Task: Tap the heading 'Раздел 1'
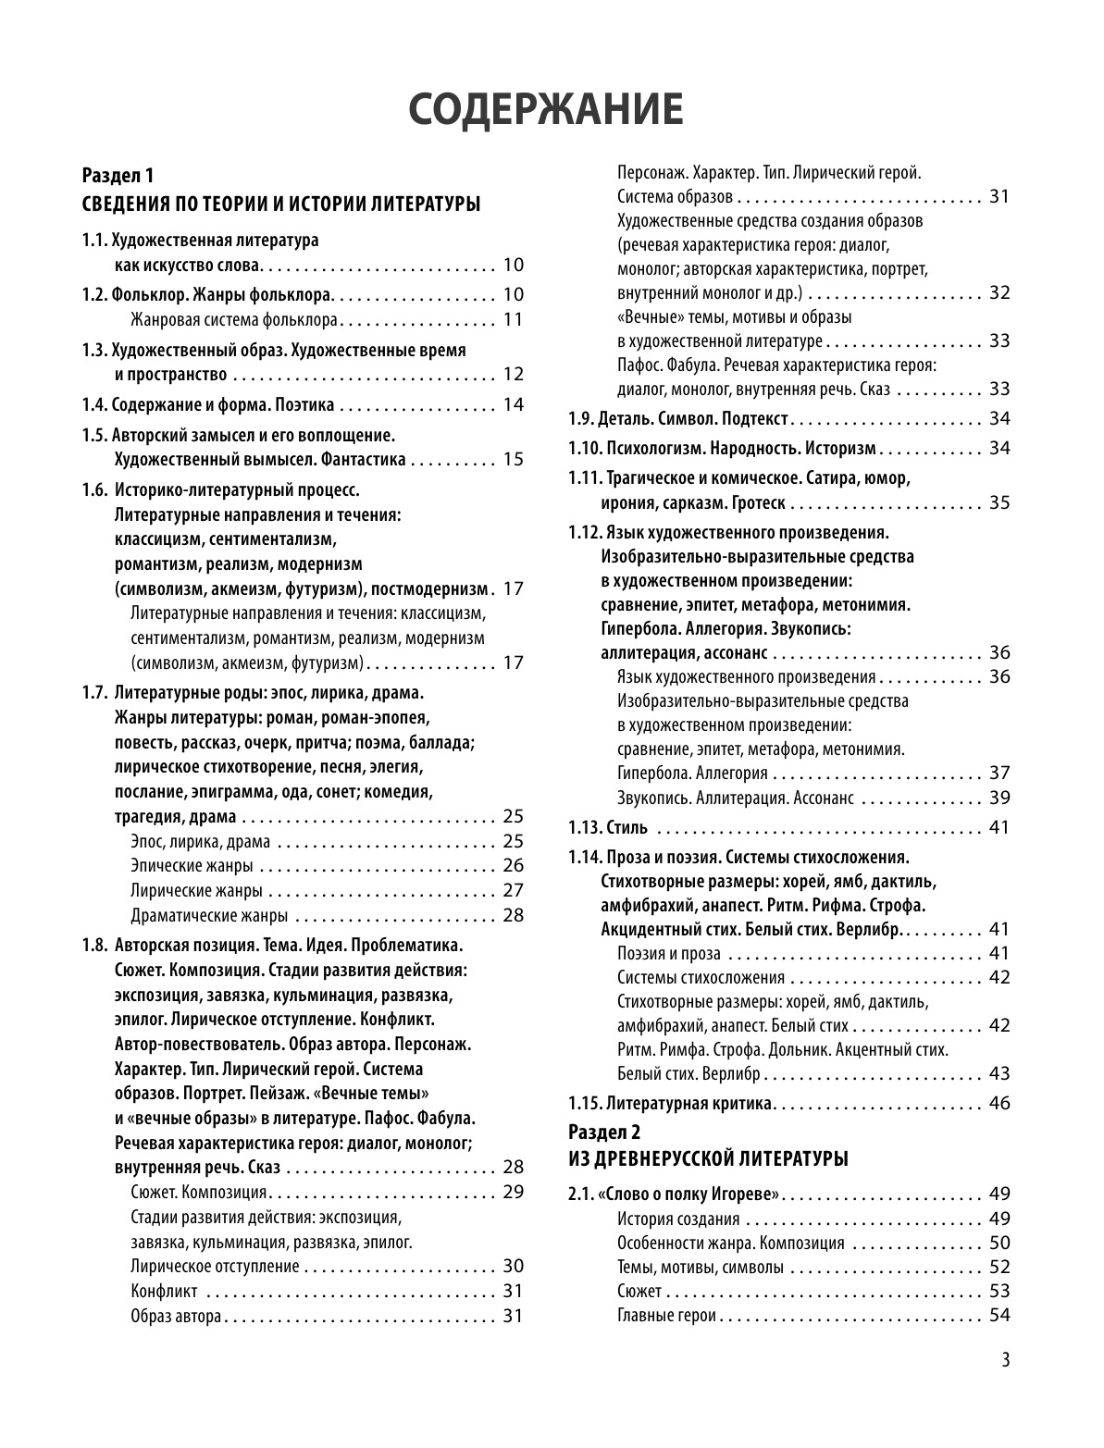tap(118, 175)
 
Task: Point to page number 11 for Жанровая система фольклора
tap(514, 320)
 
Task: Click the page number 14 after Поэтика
tap(514, 404)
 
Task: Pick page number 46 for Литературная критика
tap(999, 1103)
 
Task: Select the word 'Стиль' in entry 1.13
tap(627, 827)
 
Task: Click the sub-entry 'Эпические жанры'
tap(192, 866)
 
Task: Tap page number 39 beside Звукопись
tap(999, 798)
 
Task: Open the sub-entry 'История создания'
tap(678, 1219)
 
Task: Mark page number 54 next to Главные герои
tap(999, 1316)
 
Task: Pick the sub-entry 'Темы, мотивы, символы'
tap(700, 1268)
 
